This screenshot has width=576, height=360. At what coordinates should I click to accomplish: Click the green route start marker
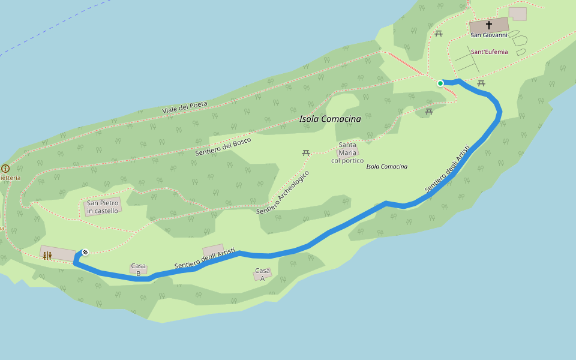(x=440, y=83)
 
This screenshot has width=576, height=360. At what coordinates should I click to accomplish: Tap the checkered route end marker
(x=85, y=252)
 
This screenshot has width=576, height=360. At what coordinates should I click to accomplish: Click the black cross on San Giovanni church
(x=489, y=25)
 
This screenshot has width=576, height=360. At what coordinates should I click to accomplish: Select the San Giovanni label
(x=489, y=35)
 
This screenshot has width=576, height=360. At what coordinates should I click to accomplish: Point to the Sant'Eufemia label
(x=489, y=52)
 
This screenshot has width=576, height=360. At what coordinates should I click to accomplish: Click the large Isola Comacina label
(x=330, y=119)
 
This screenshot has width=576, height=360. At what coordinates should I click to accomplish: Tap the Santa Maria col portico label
(x=347, y=152)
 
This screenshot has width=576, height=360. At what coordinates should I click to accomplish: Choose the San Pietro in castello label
(x=103, y=207)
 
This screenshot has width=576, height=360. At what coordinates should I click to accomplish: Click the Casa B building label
(x=139, y=269)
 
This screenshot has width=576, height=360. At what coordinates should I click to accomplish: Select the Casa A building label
(x=262, y=274)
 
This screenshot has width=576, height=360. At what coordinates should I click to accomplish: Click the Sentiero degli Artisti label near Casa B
(x=204, y=259)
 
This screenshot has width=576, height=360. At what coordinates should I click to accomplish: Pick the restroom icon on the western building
(x=47, y=256)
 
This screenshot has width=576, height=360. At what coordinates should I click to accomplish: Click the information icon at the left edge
(x=5, y=169)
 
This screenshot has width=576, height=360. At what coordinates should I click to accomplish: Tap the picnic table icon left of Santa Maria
(x=306, y=153)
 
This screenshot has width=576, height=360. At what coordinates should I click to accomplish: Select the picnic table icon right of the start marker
(x=481, y=83)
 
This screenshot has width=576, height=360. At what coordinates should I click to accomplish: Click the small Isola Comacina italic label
(x=386, y=166)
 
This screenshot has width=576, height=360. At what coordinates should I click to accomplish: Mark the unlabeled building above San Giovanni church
(x=517, y=13)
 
